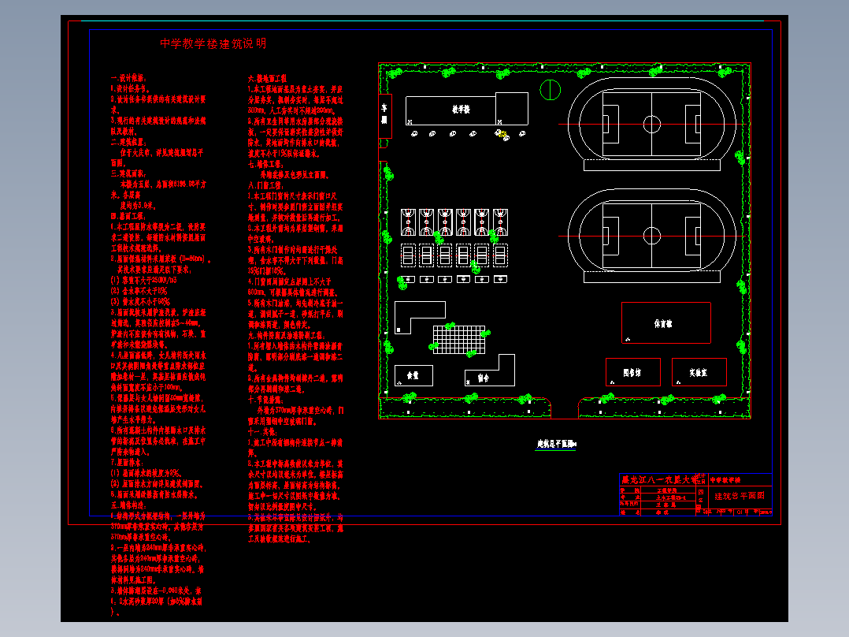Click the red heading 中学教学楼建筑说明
[213, 44]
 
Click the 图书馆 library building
[632, 372]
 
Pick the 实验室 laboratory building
[699, 372]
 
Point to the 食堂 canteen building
[413, 375]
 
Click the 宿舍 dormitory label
[483, 378]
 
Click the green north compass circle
[549, 89]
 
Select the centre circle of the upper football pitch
[651, 124]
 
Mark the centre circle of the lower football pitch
[651, 234]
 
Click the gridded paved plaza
[461, 340]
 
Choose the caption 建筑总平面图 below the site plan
[557, 445]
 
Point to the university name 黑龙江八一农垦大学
[660, 479]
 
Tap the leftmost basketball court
[408, 222]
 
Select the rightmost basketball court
[501, 222]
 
